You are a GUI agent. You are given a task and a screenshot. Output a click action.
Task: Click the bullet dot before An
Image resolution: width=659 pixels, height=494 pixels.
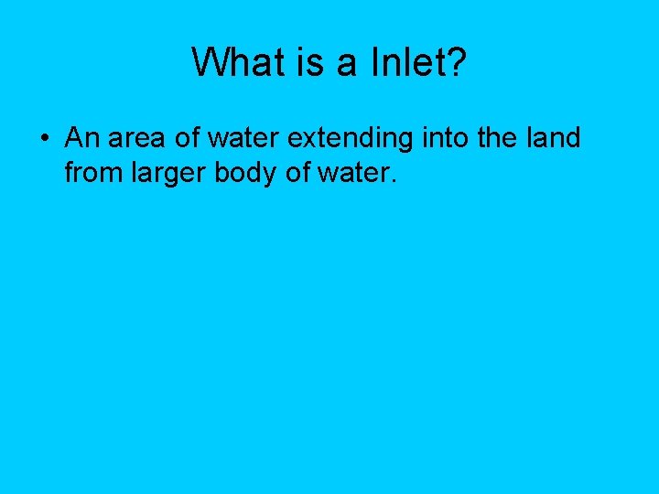(44, 139)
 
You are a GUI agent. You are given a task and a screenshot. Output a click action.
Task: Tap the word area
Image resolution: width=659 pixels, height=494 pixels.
(140, 140)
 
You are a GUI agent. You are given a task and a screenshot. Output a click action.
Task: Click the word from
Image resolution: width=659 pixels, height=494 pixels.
(90, 172)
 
